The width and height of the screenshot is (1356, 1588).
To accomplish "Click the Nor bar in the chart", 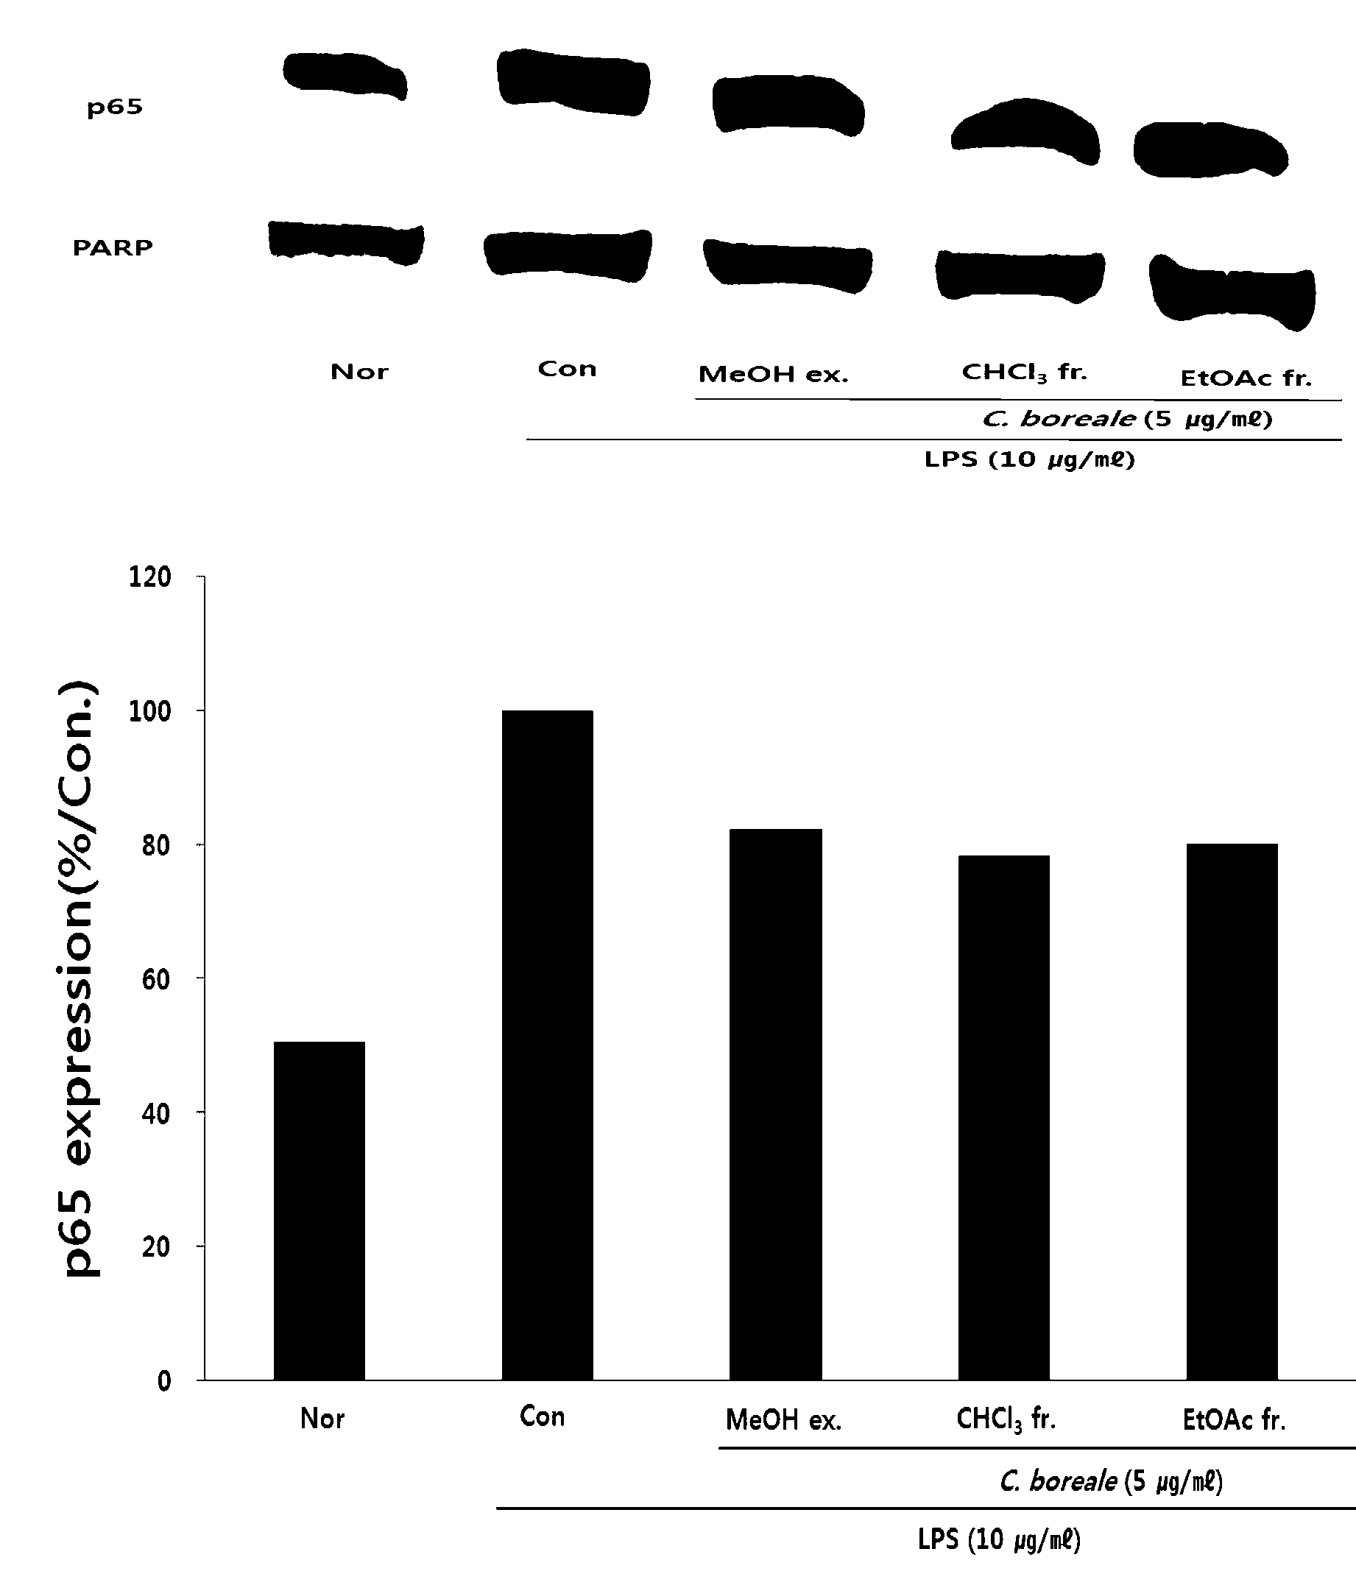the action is [x=319, y=1210].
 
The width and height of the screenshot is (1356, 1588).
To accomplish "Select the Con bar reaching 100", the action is [x=547, y=1045].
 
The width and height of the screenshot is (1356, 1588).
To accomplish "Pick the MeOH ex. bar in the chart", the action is [x=776, y=1104].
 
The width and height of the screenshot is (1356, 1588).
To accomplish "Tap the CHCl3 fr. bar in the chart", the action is [x=1003, y=1118].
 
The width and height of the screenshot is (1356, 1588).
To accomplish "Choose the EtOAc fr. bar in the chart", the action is [x=1232, y=1111].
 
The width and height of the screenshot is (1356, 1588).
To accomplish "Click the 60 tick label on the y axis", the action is [x=155, y=978].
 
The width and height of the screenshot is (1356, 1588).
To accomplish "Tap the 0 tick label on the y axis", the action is [x=164, y=1381].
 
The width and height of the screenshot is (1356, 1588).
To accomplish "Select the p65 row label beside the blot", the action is [x=114, y=107].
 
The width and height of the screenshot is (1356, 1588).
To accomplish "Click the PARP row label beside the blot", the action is [x=113, y=247].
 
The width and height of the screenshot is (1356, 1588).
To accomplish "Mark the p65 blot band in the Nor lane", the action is [x=345, y=75].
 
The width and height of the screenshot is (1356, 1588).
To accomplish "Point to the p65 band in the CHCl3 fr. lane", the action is [x=1025, y=130].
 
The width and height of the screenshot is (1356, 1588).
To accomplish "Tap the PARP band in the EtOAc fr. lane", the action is [x=1232, y=292].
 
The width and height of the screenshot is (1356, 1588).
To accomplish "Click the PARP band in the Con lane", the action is [x=568, y=255].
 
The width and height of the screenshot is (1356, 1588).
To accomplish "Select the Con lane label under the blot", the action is [x=568, y=369].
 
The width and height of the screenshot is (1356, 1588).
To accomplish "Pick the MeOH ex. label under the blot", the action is [x=774, y=375].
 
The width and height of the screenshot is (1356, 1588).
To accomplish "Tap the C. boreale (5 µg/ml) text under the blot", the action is [x=1128, y=419].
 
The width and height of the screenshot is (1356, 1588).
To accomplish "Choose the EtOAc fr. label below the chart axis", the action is [x=1234, y=1420].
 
